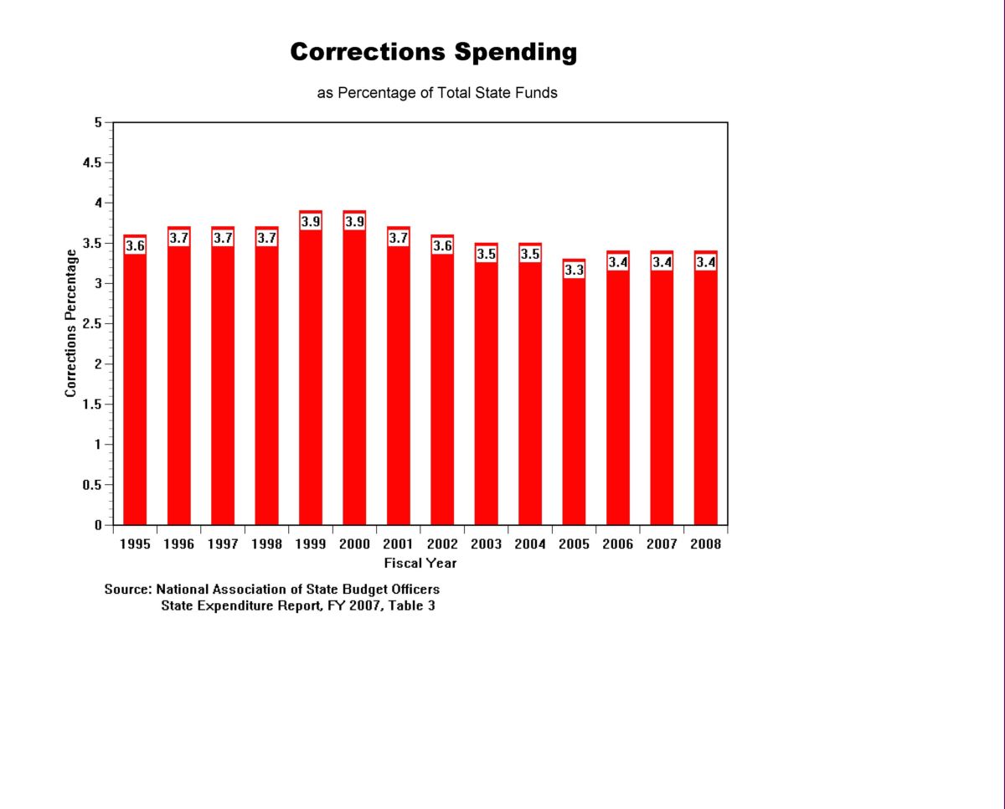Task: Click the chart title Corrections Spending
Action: coord(433,52)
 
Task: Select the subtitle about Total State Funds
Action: coord(436,93)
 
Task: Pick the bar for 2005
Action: coord(574,402)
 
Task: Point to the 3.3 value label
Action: coord(574,271)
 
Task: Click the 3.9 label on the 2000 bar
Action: coord(354,222)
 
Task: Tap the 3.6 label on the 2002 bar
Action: coord(442,246)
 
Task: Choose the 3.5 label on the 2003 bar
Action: coord(486,254)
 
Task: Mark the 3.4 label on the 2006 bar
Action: coord(617,262)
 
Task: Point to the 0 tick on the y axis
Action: coord(98,525)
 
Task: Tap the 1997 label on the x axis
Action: coord(223,544)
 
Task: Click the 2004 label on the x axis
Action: coord(529,544)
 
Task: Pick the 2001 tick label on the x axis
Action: coord(398,544)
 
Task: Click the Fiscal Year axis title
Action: coord(420,563)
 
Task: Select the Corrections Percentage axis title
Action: coord(71,323)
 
